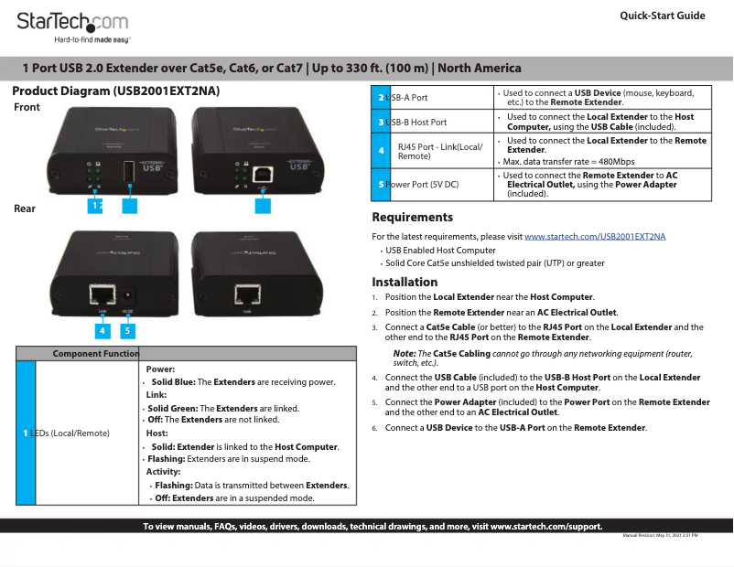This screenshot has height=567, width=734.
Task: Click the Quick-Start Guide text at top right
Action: [662, 16]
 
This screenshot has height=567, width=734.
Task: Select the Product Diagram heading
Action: [115, 91]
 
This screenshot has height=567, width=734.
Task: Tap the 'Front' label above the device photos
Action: [27, 107]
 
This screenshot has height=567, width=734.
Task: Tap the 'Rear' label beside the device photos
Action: [25, 209]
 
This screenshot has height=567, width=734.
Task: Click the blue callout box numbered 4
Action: [103, 330]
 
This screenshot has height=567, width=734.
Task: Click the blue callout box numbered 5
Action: [129, 330]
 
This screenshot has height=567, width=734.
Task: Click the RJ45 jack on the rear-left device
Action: [101, 294]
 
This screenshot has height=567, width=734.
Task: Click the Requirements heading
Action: [412, 218]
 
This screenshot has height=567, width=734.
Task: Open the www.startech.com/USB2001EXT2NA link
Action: [595, 237]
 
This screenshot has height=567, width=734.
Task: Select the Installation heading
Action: [405, 282]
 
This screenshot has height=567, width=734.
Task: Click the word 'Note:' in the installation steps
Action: [404, 353]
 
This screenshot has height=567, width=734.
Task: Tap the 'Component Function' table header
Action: [95, 354]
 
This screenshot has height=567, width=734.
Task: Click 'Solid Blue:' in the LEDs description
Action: [173, 381]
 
